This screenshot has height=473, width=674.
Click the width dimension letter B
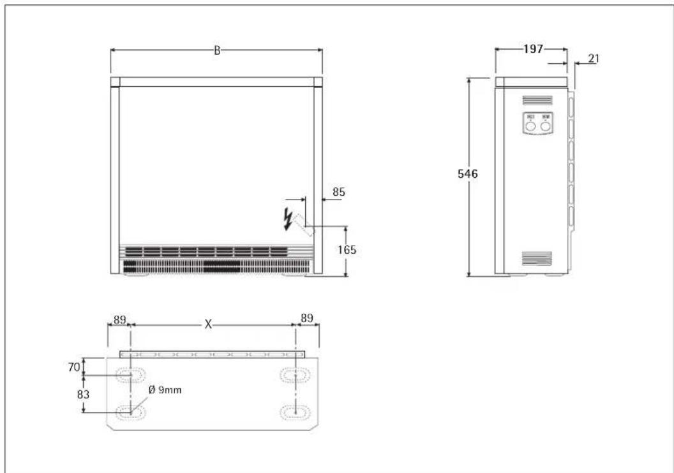coord(217,51)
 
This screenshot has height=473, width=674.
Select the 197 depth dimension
coord(530,50)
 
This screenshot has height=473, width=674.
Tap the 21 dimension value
coord(593,59)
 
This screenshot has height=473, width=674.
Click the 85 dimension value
coord(338,191)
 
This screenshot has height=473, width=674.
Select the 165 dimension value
coord(346,251)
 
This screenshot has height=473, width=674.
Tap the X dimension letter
coord(208,324)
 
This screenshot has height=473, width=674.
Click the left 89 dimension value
coord(118,318)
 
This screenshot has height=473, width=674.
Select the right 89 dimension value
coord(307,318)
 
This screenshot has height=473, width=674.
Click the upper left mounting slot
coord(131,375)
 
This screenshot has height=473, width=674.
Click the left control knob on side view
coord(530,126)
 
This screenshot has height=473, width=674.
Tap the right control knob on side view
coord(545,126)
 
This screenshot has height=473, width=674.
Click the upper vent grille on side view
coord(537,100)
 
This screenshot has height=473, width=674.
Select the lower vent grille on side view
coord(537,258)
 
